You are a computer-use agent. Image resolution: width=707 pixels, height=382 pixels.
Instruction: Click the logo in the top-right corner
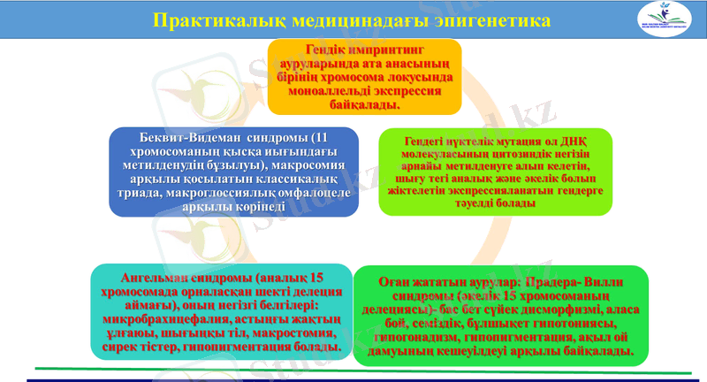(x=675, y=19)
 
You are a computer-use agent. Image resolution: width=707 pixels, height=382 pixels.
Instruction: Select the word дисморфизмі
(x=590, y=310)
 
